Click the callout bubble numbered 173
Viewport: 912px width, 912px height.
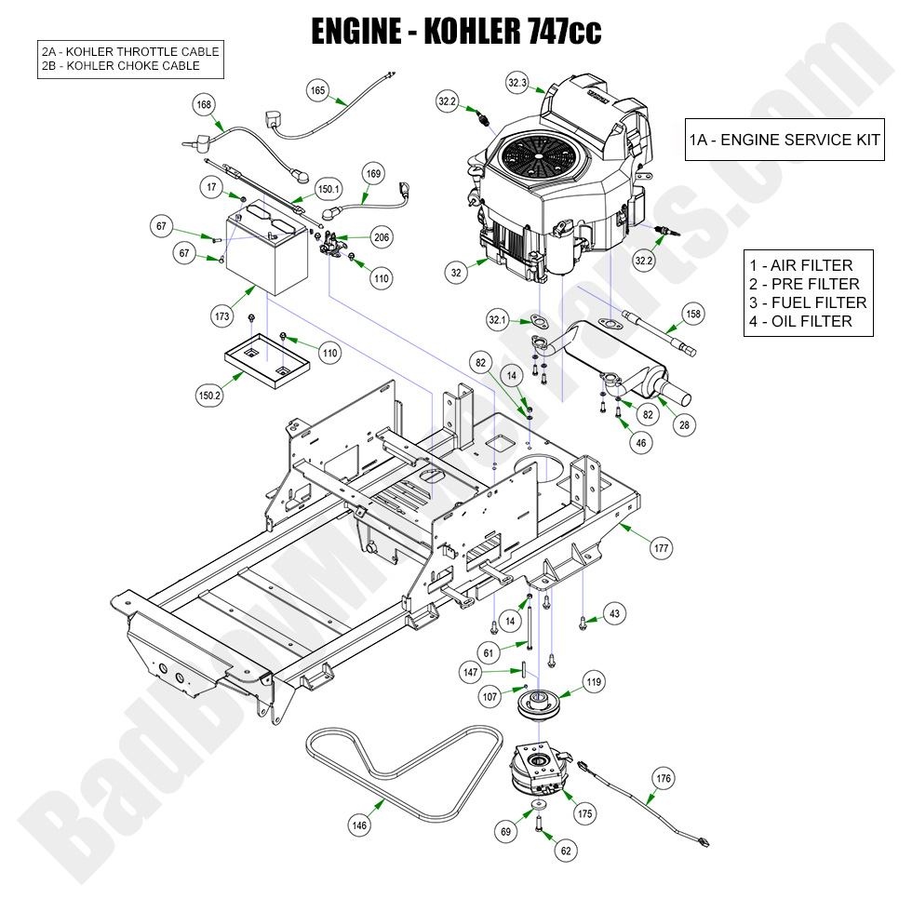pyautogui.click(x=221, y=317)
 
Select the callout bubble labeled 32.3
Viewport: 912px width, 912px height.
pyautogui.click(x=518, y=83)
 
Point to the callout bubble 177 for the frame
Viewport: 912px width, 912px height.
pyautogui.click(x=661, y=548)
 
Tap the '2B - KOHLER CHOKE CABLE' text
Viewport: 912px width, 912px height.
pyautogui.click(x=120, y=66)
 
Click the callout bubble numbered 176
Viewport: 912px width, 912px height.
pyautogui.click(x=664, y=778)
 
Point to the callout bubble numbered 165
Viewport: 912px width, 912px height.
pyautogui.click(x=318, y=90)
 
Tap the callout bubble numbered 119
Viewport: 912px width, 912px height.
pyautogui.click(x=593, y=682)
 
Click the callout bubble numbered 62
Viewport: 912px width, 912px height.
pyautogui.click(x=566, y=850)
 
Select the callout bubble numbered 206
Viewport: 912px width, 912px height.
pyautogui.click(x=382, y=238)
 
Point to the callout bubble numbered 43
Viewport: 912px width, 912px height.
pyautogui.click(x=613, y=613)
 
